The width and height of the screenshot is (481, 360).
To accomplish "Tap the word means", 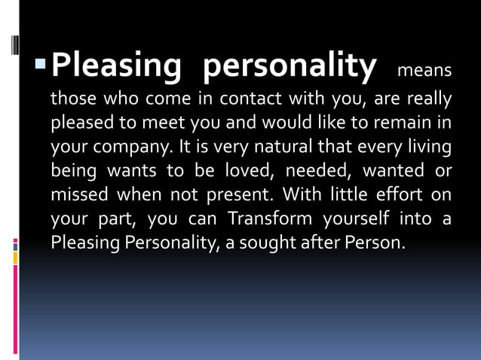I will (424, 71).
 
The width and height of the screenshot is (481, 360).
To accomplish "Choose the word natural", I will (263, 147).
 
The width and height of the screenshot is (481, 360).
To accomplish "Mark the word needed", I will (314, 171).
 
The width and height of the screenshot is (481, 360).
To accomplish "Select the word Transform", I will (270, 219).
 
